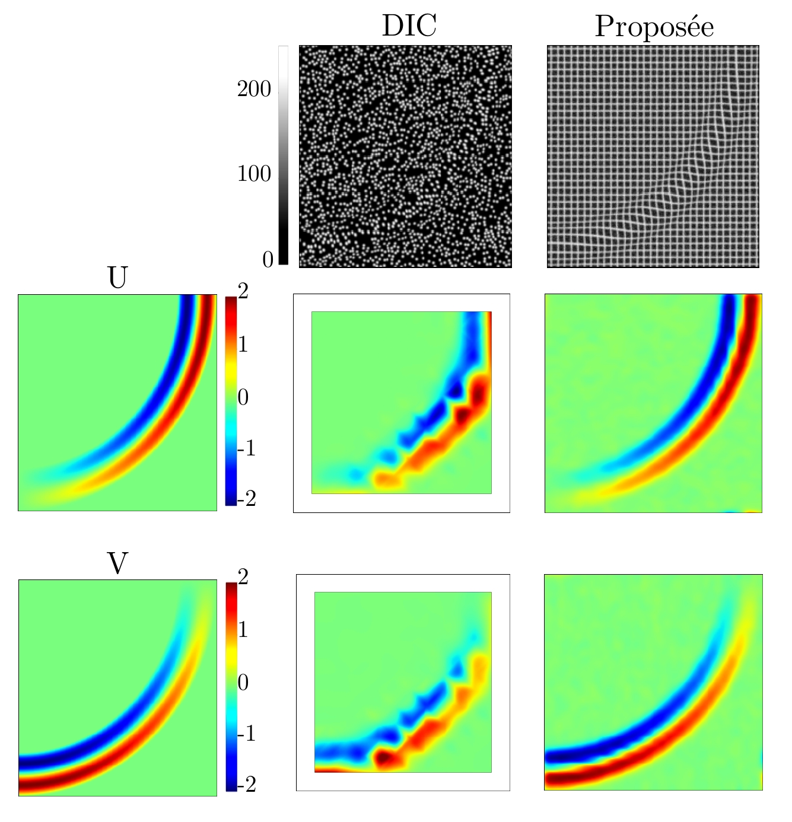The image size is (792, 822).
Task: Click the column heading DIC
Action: tap(409, 26)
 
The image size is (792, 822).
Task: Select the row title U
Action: tap(117, 278)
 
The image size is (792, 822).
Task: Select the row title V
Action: tap(117, 563)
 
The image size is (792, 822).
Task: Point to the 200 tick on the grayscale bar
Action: tap(254, 90)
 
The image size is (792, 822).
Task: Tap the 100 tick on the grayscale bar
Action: tap(254, 174)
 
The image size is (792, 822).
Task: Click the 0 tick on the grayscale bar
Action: tap(268, 259)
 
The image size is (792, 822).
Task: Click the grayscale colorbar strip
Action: tap(284, 154)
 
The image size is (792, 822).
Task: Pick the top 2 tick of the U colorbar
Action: tap(243, 292)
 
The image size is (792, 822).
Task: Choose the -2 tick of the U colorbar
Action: tap(246, 499)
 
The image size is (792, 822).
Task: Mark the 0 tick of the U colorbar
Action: tap(243, 397)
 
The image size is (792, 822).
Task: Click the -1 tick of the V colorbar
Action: tap(246, 734)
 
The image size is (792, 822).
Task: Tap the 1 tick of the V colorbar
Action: tap(243, 629)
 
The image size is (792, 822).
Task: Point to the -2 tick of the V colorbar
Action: tap(246, 785)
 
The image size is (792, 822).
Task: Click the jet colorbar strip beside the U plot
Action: tap(231, 400)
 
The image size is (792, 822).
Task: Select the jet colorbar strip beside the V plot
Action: tap(231, 687)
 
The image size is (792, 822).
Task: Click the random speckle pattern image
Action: tap(405, 157)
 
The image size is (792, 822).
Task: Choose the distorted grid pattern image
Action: tap(653, 157)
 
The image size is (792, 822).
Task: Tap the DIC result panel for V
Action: tap(403, 682)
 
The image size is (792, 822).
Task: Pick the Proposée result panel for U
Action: tap(653, 403)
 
